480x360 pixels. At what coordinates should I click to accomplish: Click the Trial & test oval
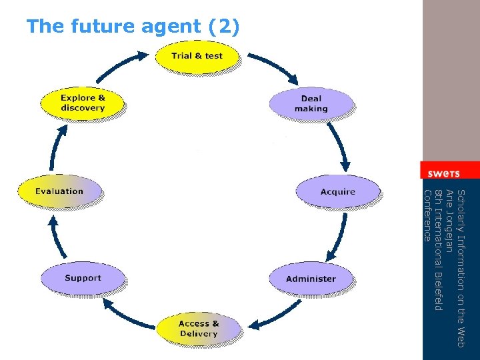(197, 56)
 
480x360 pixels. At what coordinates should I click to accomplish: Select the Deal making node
(311, 104)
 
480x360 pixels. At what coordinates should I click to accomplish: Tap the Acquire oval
(337, 192)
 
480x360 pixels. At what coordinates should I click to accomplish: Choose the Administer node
(311, 279)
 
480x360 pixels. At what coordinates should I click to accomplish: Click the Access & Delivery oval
(198, 329)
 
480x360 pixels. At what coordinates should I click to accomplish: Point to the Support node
(83, 278)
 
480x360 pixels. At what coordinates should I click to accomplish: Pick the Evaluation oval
(59, 191)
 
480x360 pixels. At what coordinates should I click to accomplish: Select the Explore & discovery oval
(83, 103)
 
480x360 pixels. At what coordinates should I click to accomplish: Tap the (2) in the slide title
(225, 27)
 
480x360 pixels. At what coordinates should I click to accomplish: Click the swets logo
(444, 173)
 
